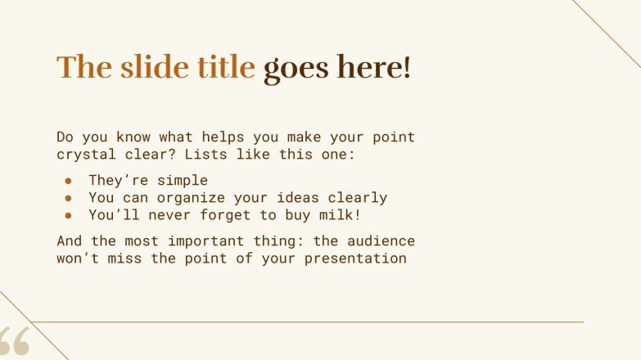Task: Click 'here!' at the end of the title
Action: coord(375,67)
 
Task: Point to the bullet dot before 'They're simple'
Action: coord(70,181)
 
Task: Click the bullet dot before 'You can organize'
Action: coord(70,198)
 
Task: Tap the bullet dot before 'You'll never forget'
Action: coord(70,215)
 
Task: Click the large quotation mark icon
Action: coord(14,342)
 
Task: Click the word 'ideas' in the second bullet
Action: coord(296,198)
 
